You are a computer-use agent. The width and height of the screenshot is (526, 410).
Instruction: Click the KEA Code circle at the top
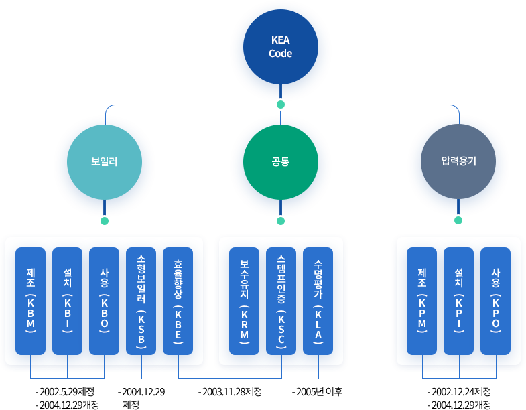280,48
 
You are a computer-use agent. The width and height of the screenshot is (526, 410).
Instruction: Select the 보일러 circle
104,161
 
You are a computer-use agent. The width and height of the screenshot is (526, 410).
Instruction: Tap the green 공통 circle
280,161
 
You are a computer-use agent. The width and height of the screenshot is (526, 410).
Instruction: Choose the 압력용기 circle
458,161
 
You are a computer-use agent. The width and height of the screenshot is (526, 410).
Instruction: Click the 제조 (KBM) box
31,301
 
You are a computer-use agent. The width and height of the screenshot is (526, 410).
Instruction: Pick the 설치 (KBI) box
68,301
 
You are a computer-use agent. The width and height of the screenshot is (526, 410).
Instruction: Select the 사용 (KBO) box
105,301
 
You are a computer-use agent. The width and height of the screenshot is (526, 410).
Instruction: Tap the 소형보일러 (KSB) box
141,301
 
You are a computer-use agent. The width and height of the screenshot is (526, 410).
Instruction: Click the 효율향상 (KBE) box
178,301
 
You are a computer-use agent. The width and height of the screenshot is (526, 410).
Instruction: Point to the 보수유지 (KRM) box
245,301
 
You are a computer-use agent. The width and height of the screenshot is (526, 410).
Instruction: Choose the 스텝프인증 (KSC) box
281,301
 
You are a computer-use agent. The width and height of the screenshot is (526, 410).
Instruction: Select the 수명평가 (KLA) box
318,301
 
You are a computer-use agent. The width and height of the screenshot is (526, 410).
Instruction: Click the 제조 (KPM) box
422,301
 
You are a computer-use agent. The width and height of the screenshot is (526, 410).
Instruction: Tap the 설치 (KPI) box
459,301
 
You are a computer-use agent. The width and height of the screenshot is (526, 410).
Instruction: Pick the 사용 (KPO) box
496,301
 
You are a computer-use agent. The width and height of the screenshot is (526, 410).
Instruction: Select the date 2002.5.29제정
66,391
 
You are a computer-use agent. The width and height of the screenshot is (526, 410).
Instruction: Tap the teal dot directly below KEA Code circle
280,104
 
